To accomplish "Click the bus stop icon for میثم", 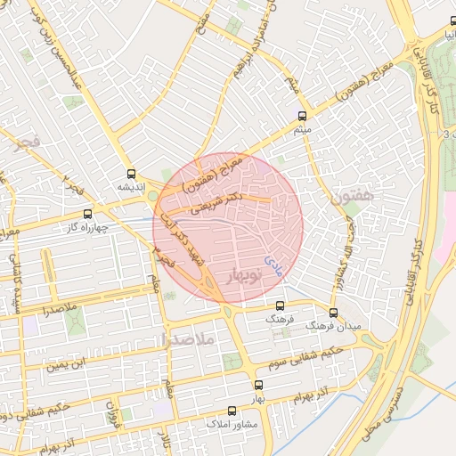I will (x=302, y=116).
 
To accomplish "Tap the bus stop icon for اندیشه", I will (x=132, y=174).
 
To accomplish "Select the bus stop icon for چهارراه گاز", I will (x=87, y=214).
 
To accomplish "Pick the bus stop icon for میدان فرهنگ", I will (x=333, y=313).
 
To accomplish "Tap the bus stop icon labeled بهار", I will (x=258, y=385).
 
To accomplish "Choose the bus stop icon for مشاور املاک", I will (x=232, y=411).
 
